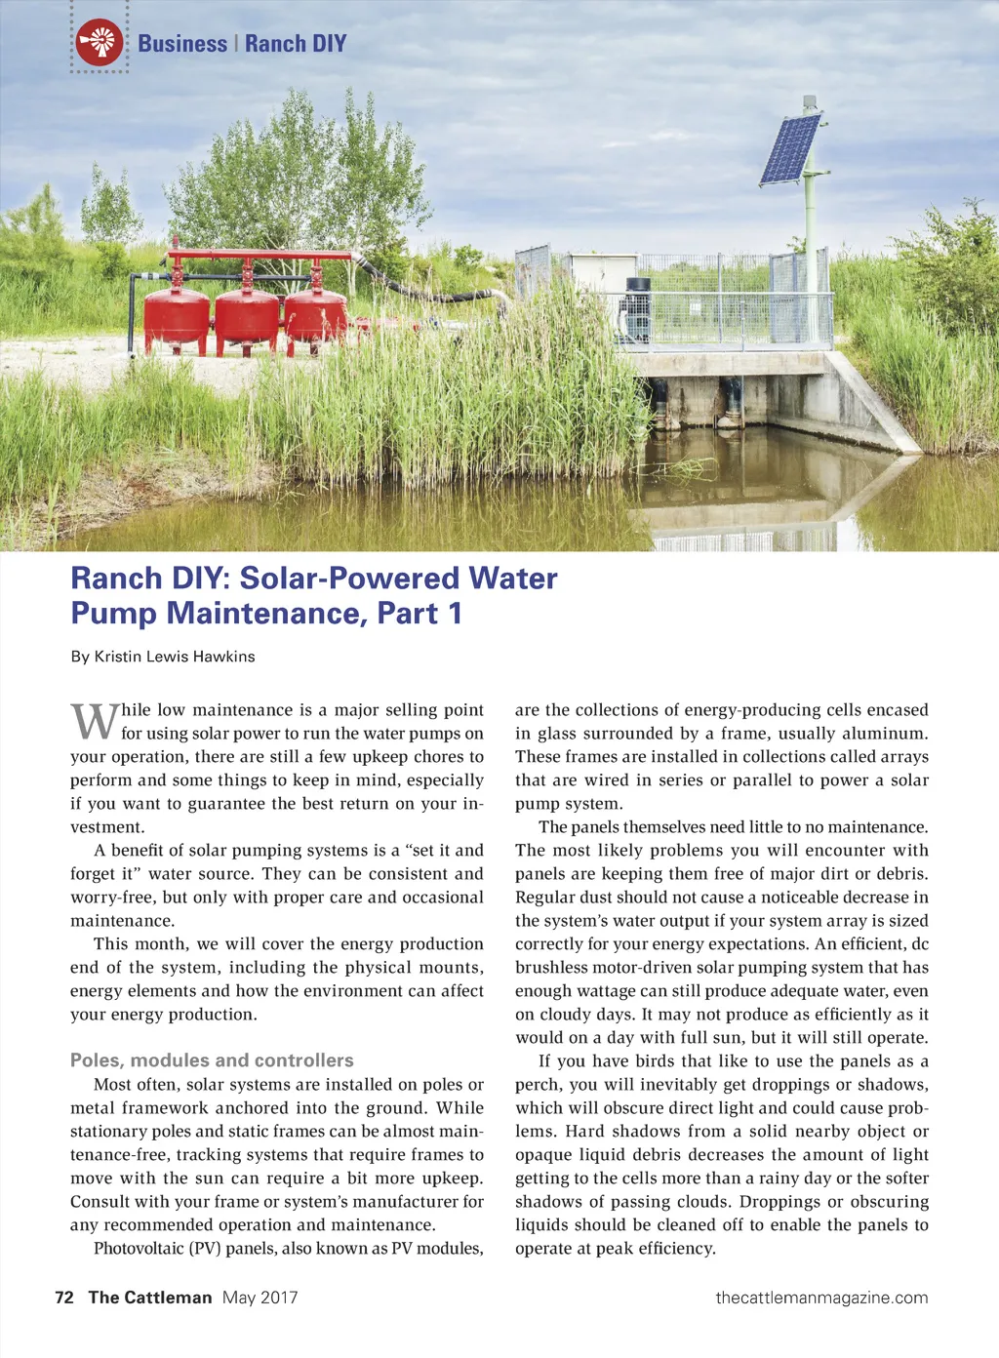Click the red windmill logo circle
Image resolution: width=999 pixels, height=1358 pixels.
(100, 43)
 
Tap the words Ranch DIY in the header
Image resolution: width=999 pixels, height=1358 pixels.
(296, 44)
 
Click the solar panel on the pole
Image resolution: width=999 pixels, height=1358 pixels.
(790, 149)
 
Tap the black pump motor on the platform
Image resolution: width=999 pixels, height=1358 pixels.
(637, 308)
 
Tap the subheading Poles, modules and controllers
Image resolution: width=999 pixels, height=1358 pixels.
(212, 1060)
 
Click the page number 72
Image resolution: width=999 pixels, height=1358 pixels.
(64, 1298)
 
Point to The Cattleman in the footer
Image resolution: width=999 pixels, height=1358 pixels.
(150, 1298)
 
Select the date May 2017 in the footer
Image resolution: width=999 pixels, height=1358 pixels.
(260, 1298)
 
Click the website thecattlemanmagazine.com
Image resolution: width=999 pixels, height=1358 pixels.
(821, 1298)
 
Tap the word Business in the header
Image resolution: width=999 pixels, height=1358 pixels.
(182, 44)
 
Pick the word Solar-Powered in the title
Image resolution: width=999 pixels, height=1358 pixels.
(349, 579)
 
